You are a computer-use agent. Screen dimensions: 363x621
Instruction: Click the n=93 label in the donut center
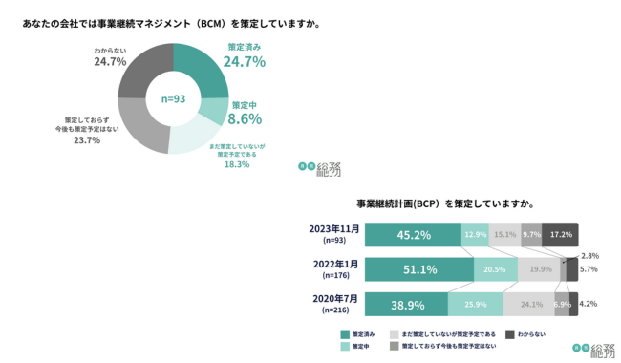pyautogui.click(x=173, y=98)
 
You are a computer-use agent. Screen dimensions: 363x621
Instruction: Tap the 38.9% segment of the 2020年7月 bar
pyautogui.click(x=406, y=304)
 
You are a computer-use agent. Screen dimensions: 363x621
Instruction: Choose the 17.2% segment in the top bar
pyautogui.click(x=561, y=235)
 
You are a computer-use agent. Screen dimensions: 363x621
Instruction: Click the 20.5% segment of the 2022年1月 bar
pyautogui.click(x=495, y=269)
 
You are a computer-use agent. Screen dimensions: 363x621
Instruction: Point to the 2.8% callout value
pyautogui.click(x=589, y=256)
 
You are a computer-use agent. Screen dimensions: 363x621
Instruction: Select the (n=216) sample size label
pyautogui.click(x=333, y=310)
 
